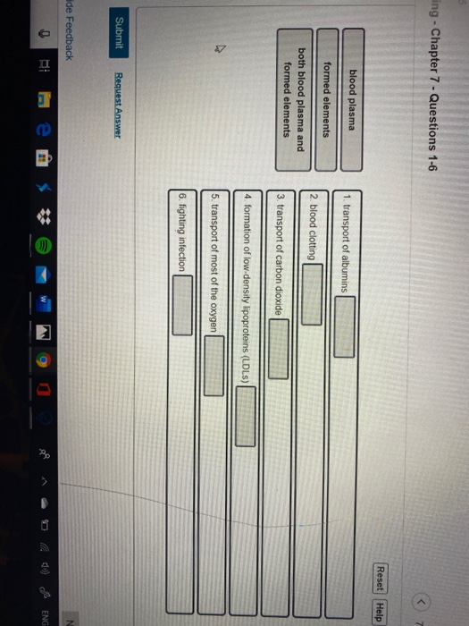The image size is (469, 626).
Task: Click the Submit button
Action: click(119, 32)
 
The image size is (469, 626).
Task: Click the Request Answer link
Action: click(118, 106)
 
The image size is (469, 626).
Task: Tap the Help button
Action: click(381, 612)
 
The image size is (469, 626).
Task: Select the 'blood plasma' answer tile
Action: click(352, 100)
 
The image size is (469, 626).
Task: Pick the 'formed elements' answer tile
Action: click(326, 100)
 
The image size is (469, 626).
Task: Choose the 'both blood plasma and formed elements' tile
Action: click(294, 100)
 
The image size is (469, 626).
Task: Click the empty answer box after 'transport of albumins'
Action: click(345, 326)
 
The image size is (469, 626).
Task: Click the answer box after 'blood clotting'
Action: click(312, 294)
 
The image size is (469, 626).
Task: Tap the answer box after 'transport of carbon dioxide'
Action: click(279, 349)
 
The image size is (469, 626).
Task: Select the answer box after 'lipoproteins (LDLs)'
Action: click(246, 416)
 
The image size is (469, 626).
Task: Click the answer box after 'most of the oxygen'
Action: click(214, 365)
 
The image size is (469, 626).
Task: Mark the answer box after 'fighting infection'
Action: click(182, 305)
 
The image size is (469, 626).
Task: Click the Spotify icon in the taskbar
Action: click(44, 246)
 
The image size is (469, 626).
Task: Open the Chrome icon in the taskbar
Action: click(44, 360)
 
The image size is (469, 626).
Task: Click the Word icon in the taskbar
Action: click(44, 303)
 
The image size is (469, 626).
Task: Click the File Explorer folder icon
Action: click(44, 100)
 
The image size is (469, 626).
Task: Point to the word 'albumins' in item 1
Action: click(345, 272)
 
